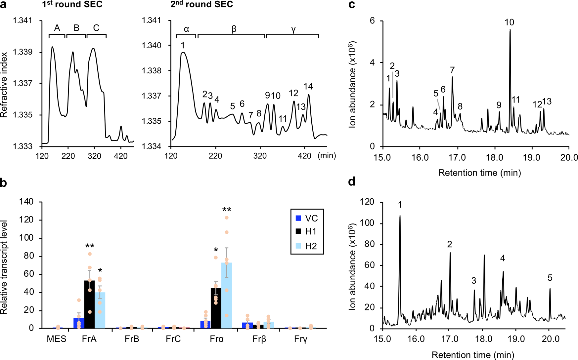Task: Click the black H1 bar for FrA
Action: pos(89,304)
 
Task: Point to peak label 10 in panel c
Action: pos(509,22)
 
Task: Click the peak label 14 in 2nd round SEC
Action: pos(308,87)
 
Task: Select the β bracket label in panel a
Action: pos(234,29)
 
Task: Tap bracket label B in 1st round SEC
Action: pos(76,28)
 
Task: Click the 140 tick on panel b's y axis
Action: pos(27,202)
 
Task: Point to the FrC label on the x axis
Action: pos(174,340)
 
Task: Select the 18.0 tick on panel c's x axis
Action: pos(495,157)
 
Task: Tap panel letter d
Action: pos(352,181)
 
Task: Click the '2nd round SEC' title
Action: pos(202,5)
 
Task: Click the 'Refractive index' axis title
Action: pos(5,85)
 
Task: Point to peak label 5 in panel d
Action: pos(550,278)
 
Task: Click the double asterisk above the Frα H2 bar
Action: pos(227,210)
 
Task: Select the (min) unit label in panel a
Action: pos(327,155)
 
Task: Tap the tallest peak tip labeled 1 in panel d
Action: pos(400,216)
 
